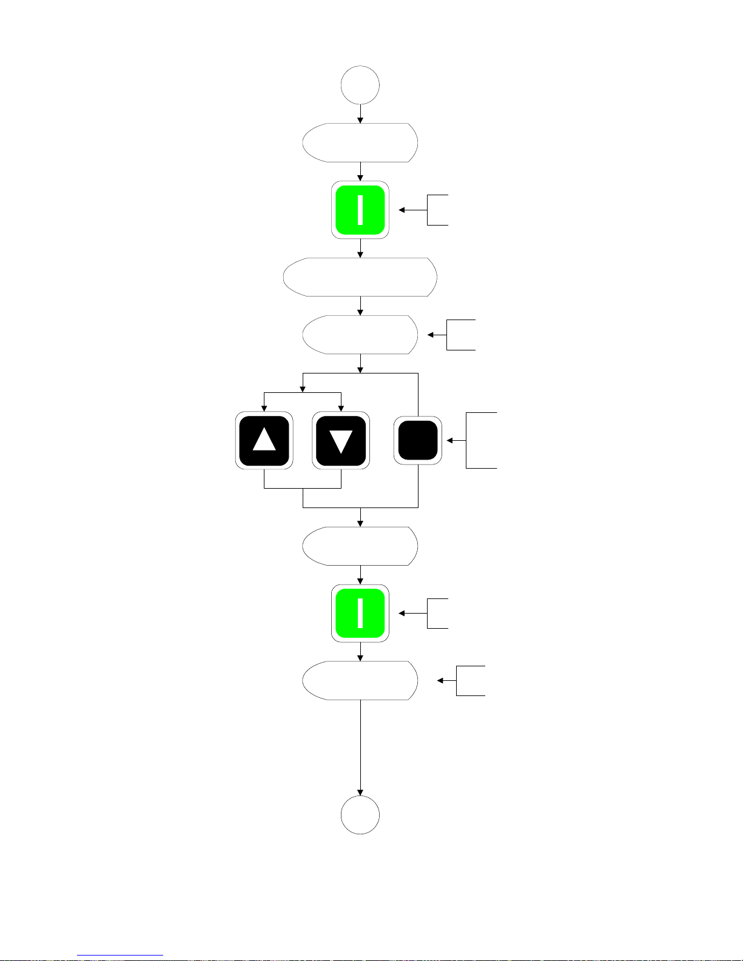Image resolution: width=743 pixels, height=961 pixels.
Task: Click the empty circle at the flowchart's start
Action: point(360,85)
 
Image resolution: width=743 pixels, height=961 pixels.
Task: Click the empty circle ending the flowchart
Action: point(360,815)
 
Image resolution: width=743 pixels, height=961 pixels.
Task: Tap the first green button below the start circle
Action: point(360,210)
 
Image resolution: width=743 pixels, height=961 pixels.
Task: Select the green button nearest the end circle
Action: point(360,613)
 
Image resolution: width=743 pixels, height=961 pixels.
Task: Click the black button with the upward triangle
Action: point(264,440)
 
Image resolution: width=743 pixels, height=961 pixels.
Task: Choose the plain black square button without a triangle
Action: point(418,440)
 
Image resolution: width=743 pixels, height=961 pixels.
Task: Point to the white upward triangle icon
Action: point(264,439)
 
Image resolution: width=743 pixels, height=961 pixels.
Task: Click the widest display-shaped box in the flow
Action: point(360,277)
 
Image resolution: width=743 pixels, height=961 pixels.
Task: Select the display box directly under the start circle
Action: point(360,142)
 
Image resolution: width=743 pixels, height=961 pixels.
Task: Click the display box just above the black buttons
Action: point(360,335)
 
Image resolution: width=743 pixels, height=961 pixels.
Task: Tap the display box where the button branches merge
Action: point(360,546)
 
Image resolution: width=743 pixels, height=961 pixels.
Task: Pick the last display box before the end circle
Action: point(360,680)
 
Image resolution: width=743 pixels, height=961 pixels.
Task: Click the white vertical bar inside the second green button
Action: point(360,613)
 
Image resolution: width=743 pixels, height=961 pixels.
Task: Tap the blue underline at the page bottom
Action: point(120,956)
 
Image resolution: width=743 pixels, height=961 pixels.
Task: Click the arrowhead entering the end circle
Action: point(360,792)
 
